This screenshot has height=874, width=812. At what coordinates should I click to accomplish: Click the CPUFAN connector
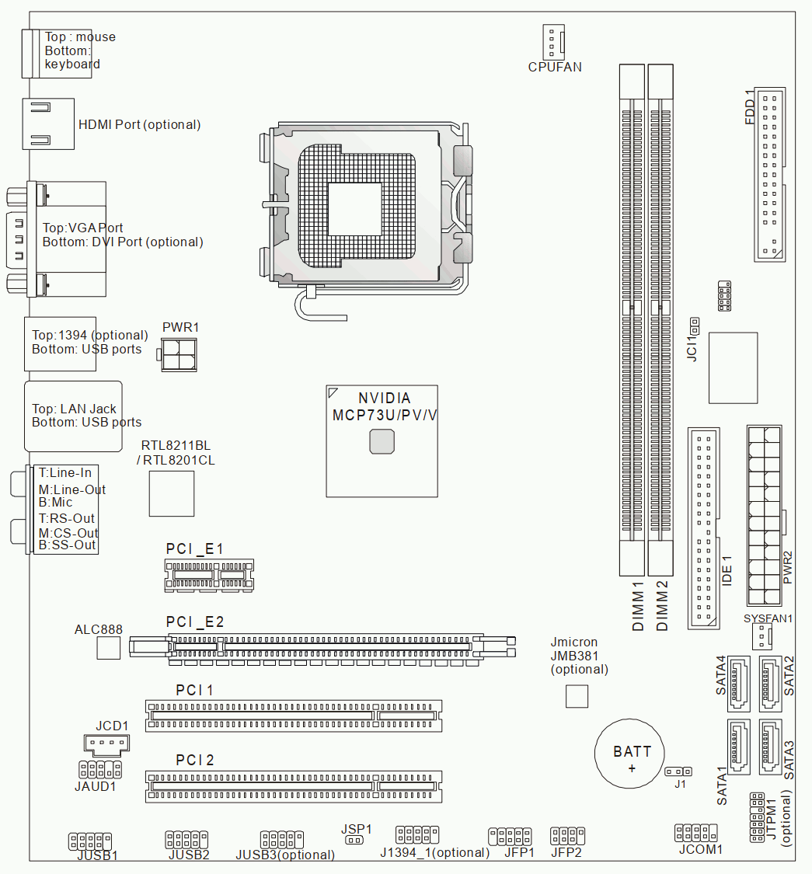tap(553, 42)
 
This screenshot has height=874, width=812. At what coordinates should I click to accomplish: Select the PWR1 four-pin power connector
tap(178, 354)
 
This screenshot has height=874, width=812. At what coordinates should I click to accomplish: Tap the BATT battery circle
tap(629, 754)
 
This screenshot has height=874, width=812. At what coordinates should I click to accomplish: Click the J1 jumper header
tap(678, 771)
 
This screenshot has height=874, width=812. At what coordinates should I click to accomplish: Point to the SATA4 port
tap(738, 684)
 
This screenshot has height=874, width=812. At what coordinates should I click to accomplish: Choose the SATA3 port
tap(770, 747)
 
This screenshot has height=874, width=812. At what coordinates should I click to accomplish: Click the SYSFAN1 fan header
tap(761, 636)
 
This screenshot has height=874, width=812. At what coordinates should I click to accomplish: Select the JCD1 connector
tap(106, 744)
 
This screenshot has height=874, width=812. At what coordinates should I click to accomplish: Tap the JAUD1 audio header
tap(100, 770)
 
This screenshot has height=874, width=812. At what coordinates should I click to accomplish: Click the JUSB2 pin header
tap(186, 840)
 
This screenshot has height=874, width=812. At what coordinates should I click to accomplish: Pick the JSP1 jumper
tap(354, 840)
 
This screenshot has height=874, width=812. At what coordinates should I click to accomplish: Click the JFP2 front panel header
tap(567, 836)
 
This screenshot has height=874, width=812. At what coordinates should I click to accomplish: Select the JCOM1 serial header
tap(696, 833)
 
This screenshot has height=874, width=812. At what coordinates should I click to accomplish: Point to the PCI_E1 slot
tap(209, 575)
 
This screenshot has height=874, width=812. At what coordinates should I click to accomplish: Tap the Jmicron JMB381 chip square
tap(577, 696)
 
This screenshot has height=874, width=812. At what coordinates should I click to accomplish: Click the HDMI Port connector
tap(48, 124)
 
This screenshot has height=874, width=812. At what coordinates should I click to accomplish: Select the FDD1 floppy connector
tap(769, 174)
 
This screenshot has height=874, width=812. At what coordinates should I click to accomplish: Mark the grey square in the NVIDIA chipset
tap(382, 441)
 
